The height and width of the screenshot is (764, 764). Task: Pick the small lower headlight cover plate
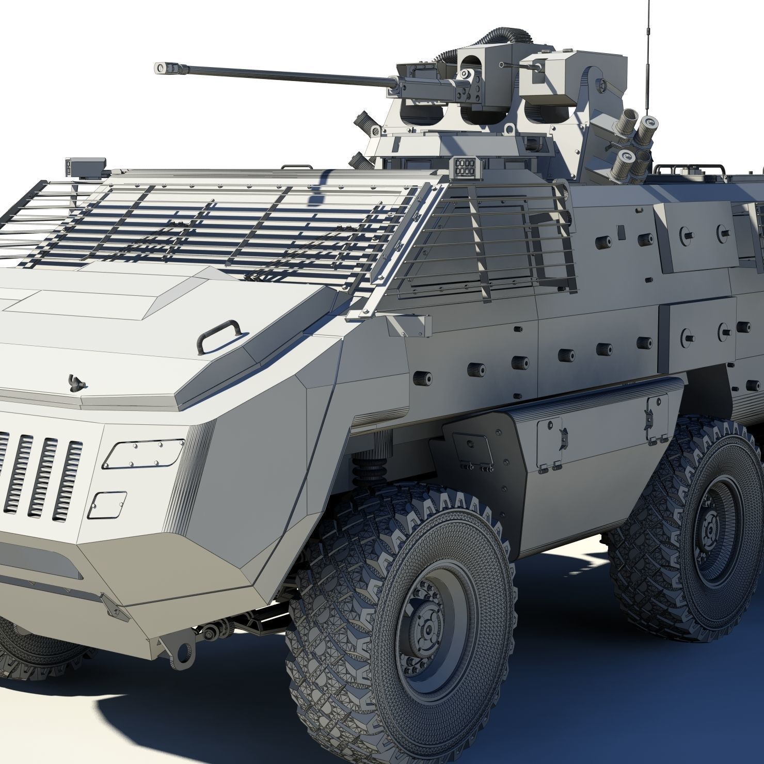click(107, 505)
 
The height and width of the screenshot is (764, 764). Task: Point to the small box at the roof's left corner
click(85, 165)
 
